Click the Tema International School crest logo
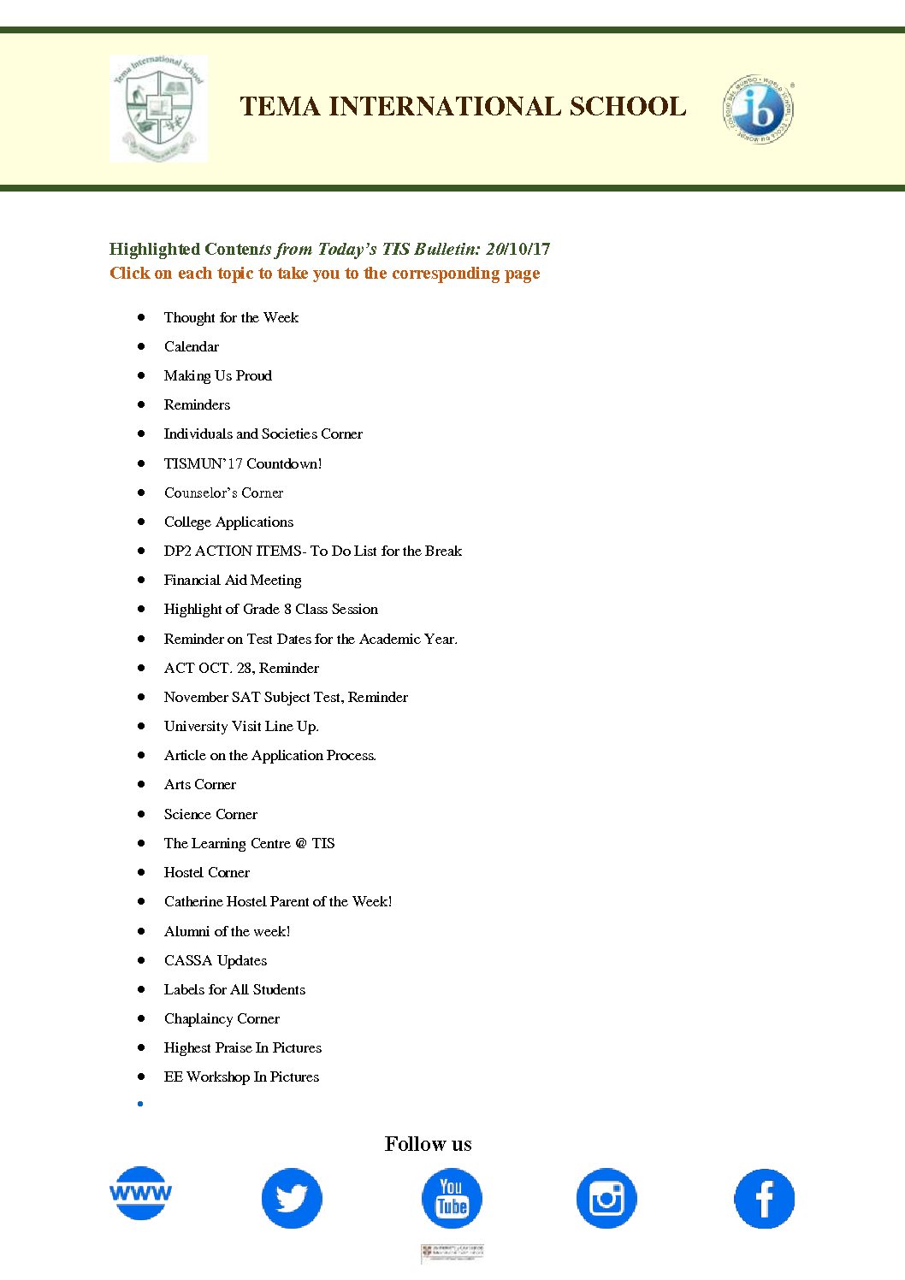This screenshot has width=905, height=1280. tap(158, 108)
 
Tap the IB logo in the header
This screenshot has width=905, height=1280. tap(758, 109)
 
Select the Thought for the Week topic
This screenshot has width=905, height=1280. tap(231, 318)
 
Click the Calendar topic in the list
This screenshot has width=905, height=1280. tap(192, 347)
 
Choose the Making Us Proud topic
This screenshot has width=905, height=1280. tap(218, 376)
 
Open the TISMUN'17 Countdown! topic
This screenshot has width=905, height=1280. tap(243, 464)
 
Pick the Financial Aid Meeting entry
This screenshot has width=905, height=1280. tap(233, 581)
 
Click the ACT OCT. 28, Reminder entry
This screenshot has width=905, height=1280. tap(241, 669)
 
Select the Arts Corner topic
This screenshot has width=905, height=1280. tap(200, 785)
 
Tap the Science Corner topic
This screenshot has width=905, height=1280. tap(210, 815)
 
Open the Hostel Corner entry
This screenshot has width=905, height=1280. tap(207, 873)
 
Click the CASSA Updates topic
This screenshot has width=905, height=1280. tap(216, 961)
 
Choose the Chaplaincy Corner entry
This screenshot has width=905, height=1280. tap(222, 1019)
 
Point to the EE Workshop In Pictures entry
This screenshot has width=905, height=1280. tap(241, 1077)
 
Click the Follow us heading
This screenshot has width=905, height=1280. tap(428, 1144)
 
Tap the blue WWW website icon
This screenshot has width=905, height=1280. tap(141, 1193)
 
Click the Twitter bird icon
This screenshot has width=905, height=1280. tap(292, 1198)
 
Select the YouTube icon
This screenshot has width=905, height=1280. tap(452, 1198)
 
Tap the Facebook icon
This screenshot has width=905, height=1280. tap(764, 1198)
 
